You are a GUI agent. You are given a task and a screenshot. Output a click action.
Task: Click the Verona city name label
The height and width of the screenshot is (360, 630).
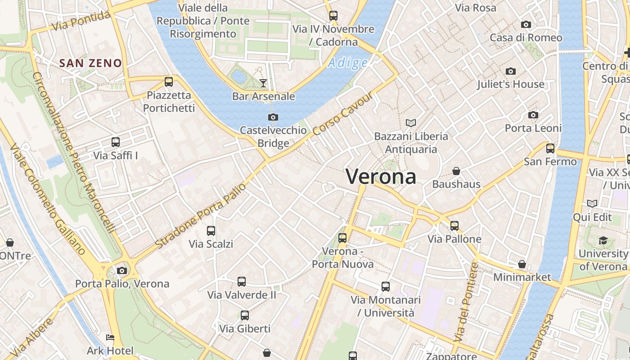click(381, 176)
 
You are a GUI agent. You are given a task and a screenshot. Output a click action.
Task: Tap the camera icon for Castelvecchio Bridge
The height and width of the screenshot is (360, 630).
click(273, 117)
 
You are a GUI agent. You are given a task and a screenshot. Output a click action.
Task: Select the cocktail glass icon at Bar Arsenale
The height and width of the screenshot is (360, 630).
click(263, 83)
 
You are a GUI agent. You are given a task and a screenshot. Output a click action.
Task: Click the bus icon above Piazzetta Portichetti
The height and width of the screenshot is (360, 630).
click(169, 82)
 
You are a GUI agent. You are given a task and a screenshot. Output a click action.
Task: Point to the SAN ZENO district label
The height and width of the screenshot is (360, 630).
click(91, 63)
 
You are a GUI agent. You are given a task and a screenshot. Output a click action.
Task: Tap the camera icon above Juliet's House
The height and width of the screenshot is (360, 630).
click(510, 71)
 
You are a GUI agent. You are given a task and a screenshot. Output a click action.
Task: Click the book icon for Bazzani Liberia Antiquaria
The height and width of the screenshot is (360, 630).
click(411, 123)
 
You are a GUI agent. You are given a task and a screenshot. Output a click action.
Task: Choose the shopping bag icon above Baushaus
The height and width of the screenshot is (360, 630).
click(456, 171)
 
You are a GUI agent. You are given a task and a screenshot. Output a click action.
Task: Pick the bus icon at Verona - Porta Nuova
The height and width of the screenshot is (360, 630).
click(342, 238)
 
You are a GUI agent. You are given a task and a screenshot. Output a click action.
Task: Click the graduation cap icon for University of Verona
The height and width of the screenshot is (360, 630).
click(603, 240)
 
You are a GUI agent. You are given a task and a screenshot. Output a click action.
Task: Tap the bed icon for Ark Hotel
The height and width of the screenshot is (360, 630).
click(110, 337)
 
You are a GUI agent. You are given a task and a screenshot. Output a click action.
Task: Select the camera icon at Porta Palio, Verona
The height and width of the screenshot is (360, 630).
click(122, 270)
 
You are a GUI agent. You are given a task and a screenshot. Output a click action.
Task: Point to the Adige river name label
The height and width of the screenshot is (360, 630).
click(347, 63)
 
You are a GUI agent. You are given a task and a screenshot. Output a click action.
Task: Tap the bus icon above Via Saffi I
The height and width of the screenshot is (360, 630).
click(116, 142)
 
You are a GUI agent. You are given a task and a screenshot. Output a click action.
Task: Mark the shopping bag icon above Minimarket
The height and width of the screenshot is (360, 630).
click(522, 264)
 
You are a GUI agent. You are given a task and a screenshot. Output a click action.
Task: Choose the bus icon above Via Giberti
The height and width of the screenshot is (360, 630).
click(245, 315)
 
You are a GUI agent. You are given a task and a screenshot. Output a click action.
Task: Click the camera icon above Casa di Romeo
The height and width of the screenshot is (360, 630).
click(526, 24)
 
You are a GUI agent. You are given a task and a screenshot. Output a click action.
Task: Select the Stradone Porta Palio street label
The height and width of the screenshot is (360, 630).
click(201, 216)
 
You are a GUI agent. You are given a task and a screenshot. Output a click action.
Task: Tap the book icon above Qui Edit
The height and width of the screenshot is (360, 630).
click(592, 204)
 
